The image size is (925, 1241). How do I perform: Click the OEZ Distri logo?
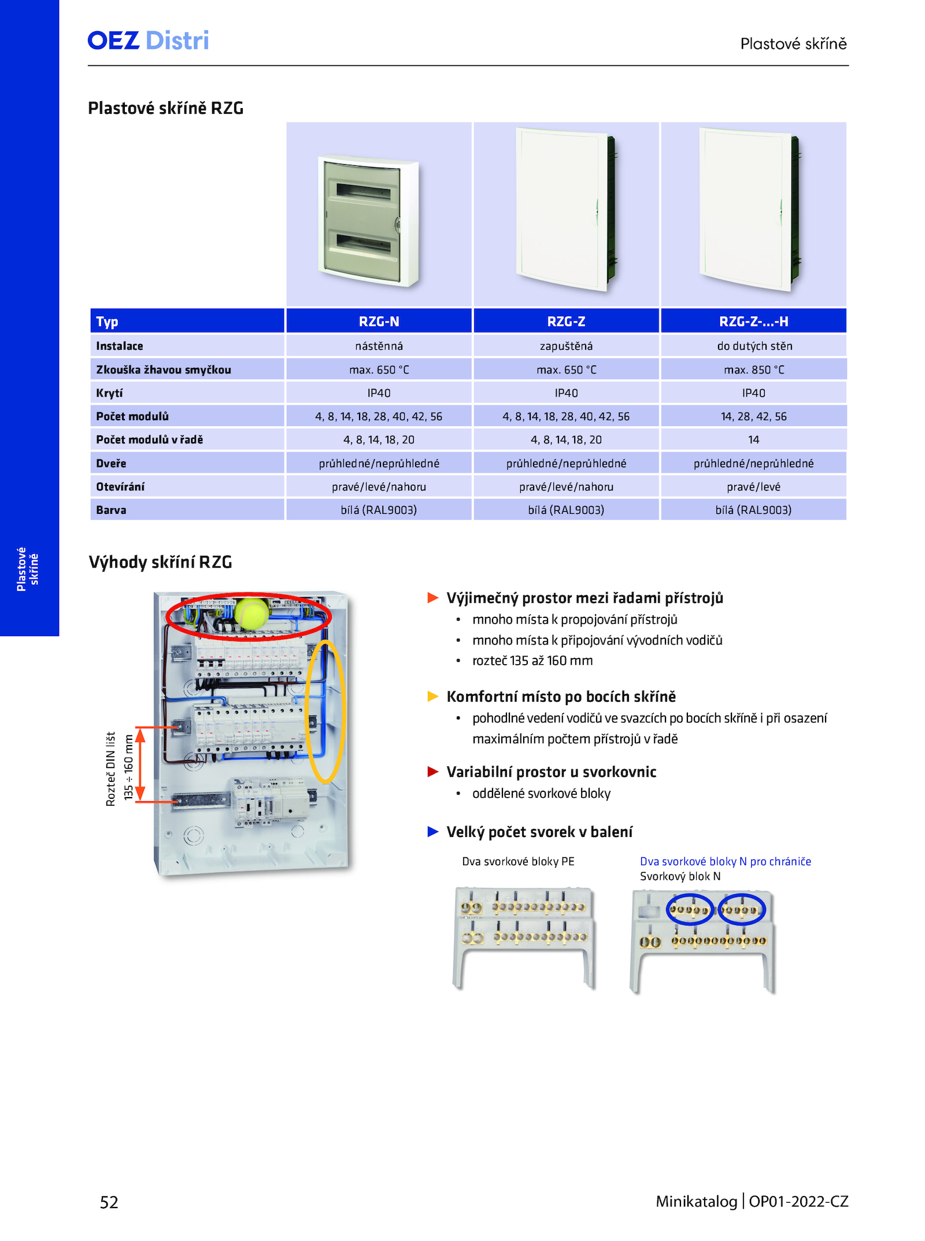[x=148, y=40]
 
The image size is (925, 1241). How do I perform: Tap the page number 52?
[x=109, y=1202]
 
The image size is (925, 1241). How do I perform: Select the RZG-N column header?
[x=379, y=321]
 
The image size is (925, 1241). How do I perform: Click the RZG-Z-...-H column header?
[x=753, y=321]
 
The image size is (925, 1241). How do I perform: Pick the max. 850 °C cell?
[x=754, y=370]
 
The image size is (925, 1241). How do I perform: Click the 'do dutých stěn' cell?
[x=754, y=346]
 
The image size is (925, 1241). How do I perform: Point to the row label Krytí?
[x=109, y=393]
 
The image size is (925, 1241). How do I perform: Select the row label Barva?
[x=111, y=510]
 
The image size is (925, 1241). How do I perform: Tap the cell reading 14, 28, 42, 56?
[x=754, y=417]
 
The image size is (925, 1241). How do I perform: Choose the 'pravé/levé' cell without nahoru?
[x=754, y=487]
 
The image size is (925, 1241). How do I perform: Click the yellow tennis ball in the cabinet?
[x=251, y=613]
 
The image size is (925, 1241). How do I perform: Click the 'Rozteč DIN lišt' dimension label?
[x=110, y=769]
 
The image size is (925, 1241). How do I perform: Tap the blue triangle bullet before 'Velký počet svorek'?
[x=432, y=832]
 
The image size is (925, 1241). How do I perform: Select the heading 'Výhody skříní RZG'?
[x=160, y=562]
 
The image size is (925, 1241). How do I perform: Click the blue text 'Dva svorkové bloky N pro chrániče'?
[x=726, y=861]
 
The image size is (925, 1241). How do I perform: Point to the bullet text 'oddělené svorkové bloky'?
[x=541, y=793]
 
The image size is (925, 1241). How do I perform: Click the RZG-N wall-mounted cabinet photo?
[x=368, y=221]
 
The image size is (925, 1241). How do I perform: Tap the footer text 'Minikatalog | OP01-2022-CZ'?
[x=752, y=1201]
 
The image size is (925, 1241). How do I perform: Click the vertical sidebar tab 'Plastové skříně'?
[x=27, y=569]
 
